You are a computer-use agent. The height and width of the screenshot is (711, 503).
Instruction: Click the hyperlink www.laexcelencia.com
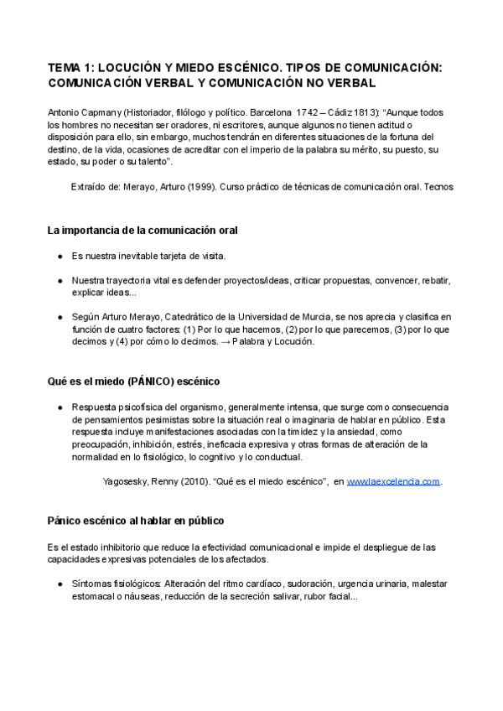(x=393, y=482)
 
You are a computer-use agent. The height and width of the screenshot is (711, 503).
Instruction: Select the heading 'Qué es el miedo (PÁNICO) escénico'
(x=134, y=381)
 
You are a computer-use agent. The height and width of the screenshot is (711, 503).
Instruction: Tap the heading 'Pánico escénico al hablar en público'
(x=136, y=521)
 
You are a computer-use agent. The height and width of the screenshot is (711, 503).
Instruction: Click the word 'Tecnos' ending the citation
(x=438, y=187)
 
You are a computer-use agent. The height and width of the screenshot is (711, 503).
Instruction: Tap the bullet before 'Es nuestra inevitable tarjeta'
(x=60, y=256)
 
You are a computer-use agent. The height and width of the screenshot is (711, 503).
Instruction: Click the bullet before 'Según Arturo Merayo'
(x=60, y=316)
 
